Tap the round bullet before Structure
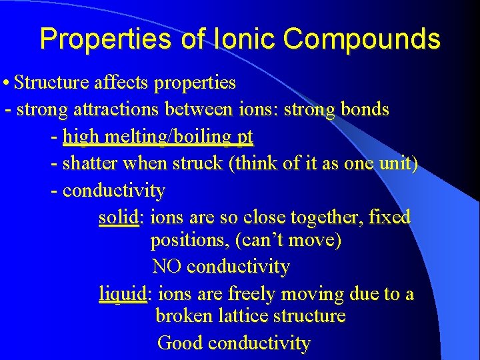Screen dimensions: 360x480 pos(6,83)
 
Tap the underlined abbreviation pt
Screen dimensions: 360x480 pos(245,138)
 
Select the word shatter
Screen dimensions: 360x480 pos(88,164)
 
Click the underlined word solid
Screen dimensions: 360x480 pos(119,217)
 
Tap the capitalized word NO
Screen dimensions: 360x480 pos(167,267)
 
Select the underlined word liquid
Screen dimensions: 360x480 pos(122,294)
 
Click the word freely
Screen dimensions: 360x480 pos(253,294)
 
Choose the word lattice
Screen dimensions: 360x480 pos(243,315)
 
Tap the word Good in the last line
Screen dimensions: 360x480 pos(180,343)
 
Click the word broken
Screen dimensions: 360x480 pos(184,315)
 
